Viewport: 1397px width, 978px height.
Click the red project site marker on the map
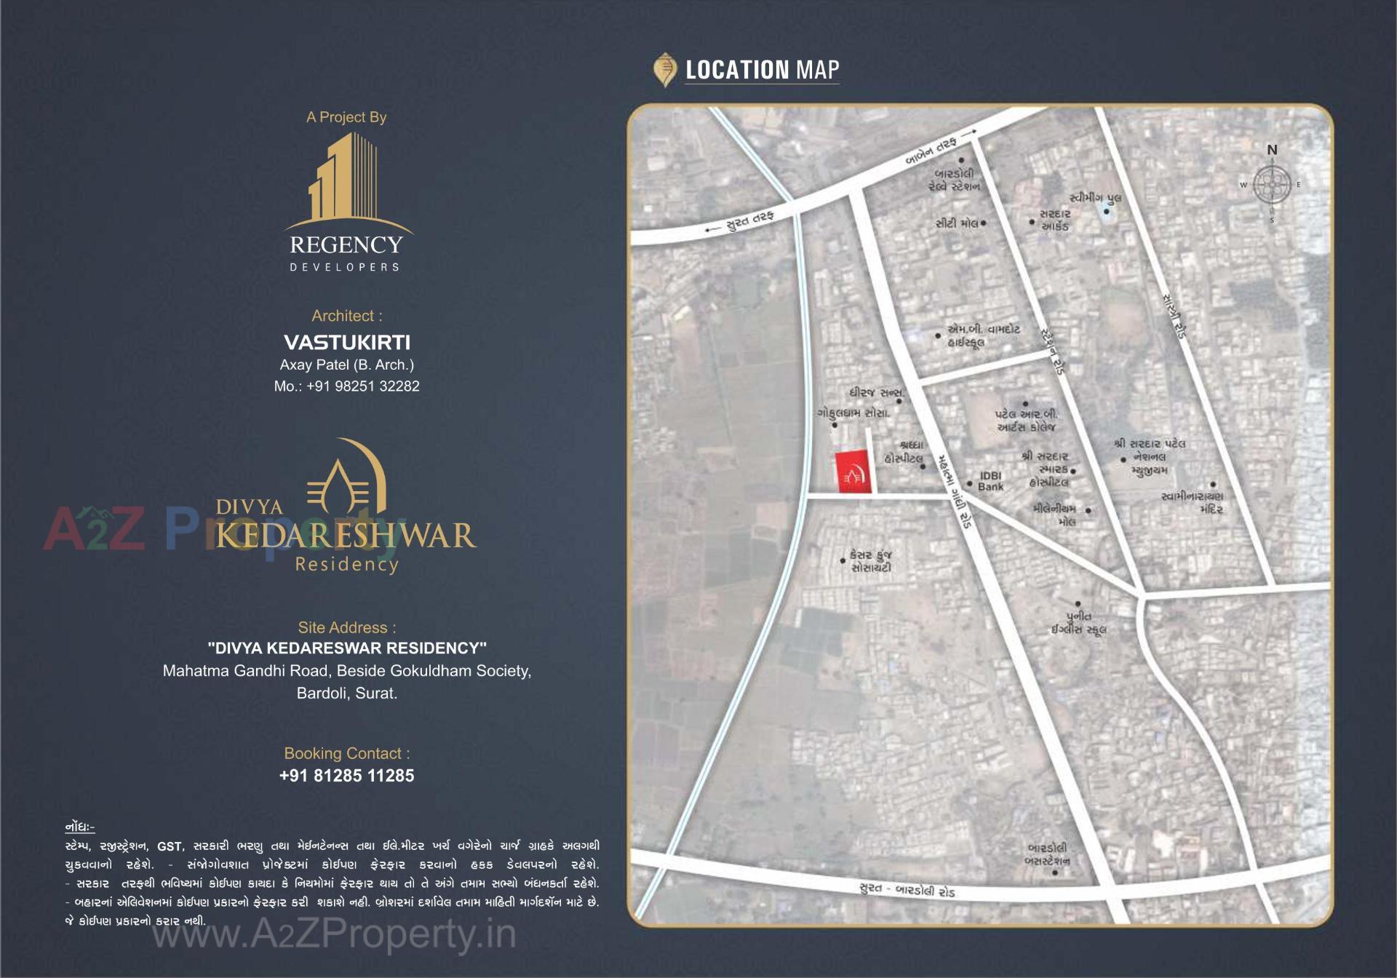point(853,472)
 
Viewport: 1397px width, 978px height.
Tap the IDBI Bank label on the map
point(990,481)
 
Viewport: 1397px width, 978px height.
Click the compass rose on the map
point(1272,185)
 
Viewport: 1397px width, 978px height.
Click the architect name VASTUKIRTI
point(346,342)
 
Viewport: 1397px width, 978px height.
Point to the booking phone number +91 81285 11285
point(346,776)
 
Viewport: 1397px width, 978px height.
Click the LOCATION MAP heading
point(762,70)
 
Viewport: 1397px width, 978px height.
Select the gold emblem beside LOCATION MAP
point(664,70)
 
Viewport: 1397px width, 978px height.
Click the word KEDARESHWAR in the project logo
point(346,536)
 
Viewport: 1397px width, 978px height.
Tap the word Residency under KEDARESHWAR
point(346,564)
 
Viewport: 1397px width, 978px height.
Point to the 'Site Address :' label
point(346,627)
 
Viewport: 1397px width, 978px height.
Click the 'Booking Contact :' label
point(346,753)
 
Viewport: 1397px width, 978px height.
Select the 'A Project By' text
point(346,117)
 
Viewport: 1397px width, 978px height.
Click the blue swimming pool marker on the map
point(1106,212)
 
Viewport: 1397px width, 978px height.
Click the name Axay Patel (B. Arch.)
point(346,365)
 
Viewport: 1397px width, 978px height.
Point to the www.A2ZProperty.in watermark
point(334,935)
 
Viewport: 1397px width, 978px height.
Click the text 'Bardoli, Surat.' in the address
point(346,693)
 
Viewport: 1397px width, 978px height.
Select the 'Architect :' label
point(346,316)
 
